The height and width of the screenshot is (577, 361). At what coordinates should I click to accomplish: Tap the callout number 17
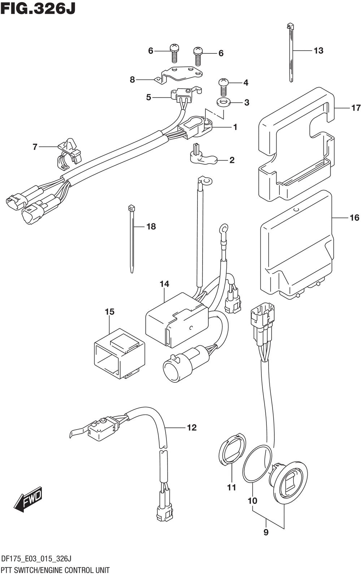coord(356,108)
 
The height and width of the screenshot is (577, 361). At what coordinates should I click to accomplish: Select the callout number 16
coord(355,218)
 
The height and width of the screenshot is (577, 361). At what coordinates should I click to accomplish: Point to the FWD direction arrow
coord(28,500)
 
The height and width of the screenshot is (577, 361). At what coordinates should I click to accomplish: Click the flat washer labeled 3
coord(223,102)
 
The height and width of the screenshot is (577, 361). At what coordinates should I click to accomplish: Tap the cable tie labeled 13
coord(291,54)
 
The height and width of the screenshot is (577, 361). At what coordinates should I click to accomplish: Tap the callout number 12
coord(192,427)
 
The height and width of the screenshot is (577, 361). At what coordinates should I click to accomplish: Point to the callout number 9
coord(266,532)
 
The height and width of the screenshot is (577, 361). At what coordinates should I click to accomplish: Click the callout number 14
coord(164,284)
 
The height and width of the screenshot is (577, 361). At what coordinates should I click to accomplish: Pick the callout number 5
coord(148,97)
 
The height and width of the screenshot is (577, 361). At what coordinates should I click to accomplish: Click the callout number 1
coord(235,127)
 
